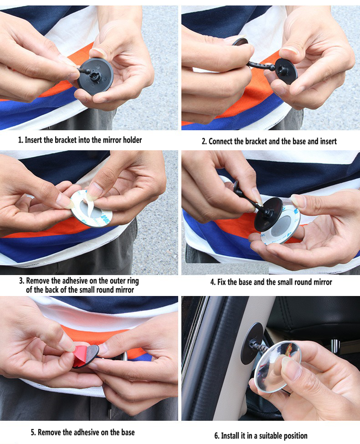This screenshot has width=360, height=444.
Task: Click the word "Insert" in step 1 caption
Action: tap(33, 140)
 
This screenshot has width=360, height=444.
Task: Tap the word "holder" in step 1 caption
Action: tap(132, 140)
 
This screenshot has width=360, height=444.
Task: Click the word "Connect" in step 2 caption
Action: tap(221, 141)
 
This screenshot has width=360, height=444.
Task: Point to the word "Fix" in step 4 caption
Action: tap(221, 282)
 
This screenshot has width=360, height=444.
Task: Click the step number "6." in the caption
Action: tap(217, 435)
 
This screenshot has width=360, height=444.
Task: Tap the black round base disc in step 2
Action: tap(286, 71)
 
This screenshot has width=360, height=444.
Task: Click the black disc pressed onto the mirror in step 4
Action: tap(268, 214)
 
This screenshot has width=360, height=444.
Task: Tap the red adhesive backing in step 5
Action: tap(80, 355)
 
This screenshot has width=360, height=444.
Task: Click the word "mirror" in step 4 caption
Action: tap(322, 282)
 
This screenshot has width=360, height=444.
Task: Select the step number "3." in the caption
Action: tap(21, 281)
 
